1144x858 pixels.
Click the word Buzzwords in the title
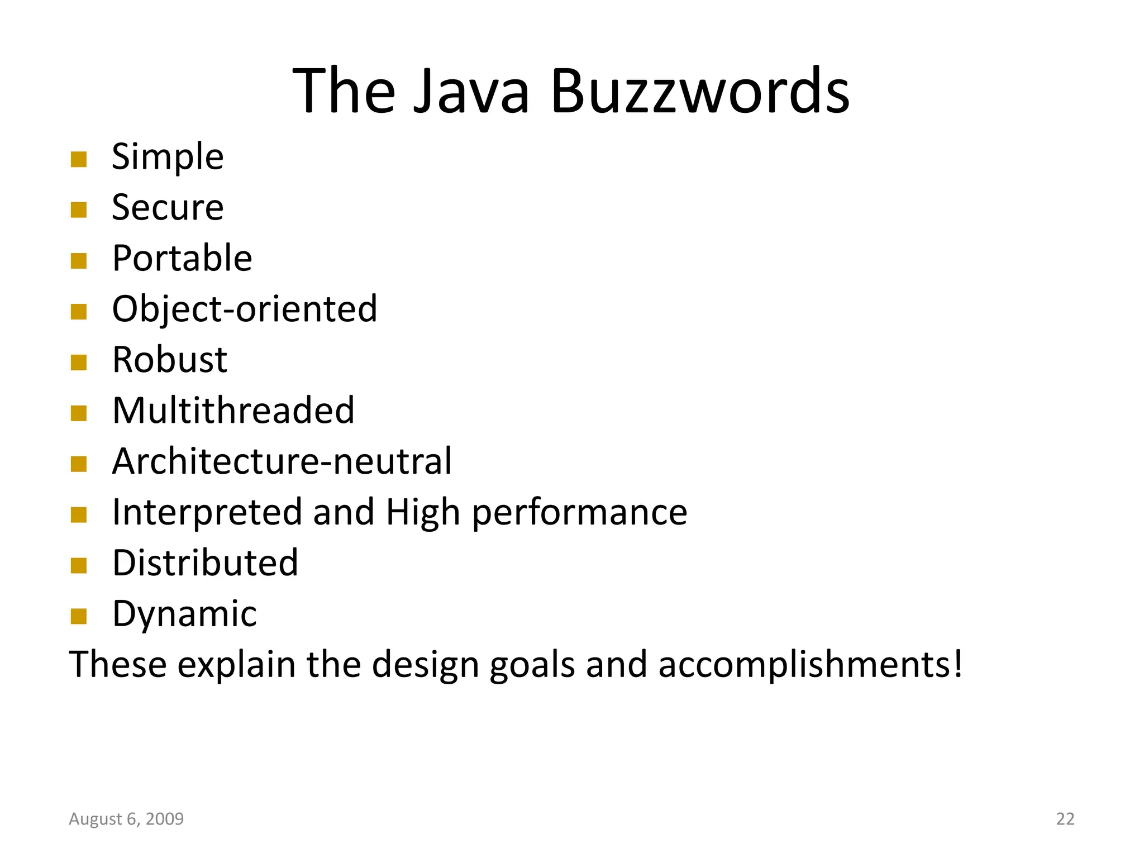[x=700, y=90]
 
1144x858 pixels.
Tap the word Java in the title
[x=471, y=90]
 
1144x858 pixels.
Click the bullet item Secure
[x=168, y=207]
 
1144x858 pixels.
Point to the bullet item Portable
[x=182, y=258]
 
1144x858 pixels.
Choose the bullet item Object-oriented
[x=245, y=309]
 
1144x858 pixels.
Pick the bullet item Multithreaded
[x=233, y=410]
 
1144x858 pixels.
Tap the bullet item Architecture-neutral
[x=282, y=461]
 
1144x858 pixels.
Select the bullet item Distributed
[x=205, y=563]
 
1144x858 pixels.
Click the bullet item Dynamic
[x=184, y=613]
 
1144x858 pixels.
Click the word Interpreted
[x=207, y=512]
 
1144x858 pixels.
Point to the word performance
[x=580, y=512]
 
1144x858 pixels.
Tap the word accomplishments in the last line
[x=811, y=664]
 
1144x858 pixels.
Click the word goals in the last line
[x=532, y=664]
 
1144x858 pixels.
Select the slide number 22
[x=1065, y=819]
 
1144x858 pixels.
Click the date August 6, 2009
[x=126, y=819]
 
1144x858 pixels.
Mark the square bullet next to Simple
[x=79, y=160]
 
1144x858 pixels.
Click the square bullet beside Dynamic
[x=79, y=617]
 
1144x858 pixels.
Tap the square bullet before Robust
[x=79, y=363]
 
